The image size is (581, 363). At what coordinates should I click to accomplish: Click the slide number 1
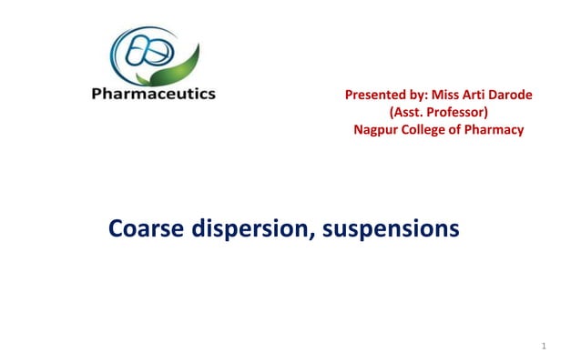pos(542,346)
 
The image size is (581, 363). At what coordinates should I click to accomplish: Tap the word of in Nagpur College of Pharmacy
pos(462,131)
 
